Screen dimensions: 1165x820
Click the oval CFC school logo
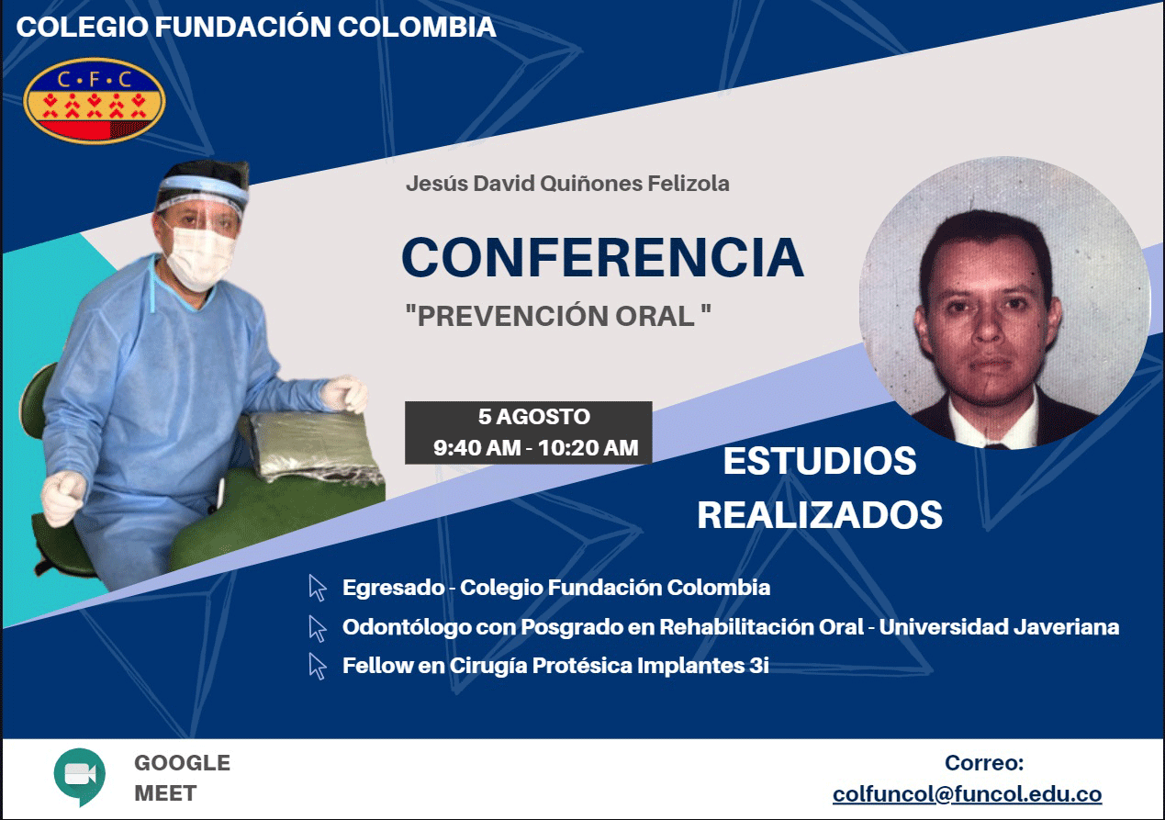pos(95,100)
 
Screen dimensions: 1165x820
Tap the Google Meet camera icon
pos(80,777)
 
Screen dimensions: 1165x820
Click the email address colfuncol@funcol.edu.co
pos(967,794)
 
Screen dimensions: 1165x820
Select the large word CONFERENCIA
pos(603,257)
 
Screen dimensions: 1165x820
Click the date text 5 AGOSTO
pos(534,417)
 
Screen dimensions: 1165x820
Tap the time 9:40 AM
pos(476,448)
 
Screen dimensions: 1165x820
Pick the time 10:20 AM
pos(588,448)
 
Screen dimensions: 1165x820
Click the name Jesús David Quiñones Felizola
pos(567,184)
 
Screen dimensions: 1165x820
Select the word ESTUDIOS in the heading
pos(820,461)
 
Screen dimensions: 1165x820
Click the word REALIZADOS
pos(820,515)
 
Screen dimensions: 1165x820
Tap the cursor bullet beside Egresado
pos(318,588)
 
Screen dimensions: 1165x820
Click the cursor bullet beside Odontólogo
pos(318,628)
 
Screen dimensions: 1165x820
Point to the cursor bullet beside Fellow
pos(318,667)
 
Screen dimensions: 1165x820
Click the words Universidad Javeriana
pos(999,627)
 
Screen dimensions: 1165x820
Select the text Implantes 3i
pos(702,666)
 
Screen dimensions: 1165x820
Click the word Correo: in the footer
pos(984,763)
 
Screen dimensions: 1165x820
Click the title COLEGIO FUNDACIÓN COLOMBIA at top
pos(256,27)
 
